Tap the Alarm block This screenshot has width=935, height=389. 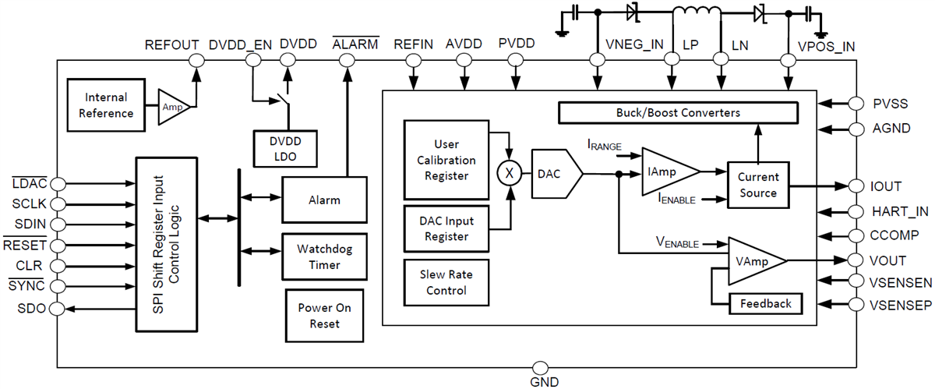[323, 200]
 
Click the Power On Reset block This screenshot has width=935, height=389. [324, 316]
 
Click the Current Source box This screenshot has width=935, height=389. [758, 186]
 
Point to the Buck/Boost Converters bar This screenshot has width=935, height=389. [679, 113]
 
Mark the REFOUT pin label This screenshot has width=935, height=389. [172, 45]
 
